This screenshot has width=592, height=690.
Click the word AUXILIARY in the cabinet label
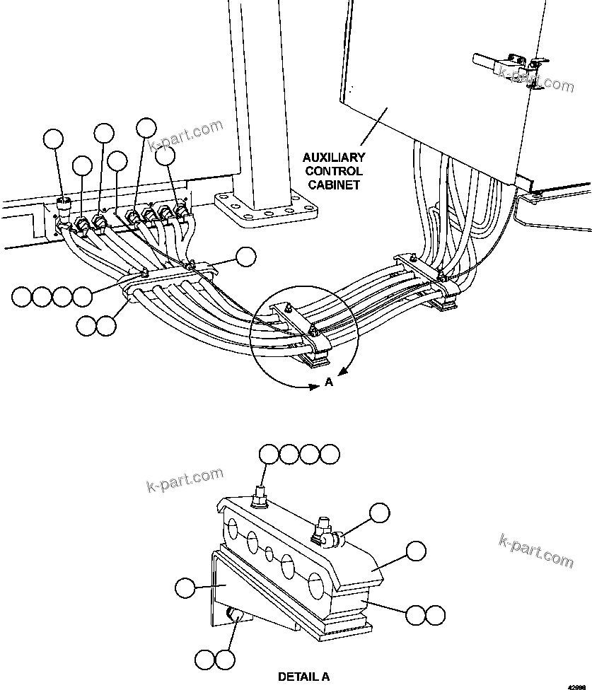335,158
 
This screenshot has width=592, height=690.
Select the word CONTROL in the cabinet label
335,171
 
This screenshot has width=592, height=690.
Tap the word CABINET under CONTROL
335,185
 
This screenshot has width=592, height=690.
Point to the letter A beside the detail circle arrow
328,382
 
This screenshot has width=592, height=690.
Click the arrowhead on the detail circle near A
342,373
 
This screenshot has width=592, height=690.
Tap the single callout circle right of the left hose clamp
245,257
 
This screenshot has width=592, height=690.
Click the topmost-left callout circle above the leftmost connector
53,139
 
